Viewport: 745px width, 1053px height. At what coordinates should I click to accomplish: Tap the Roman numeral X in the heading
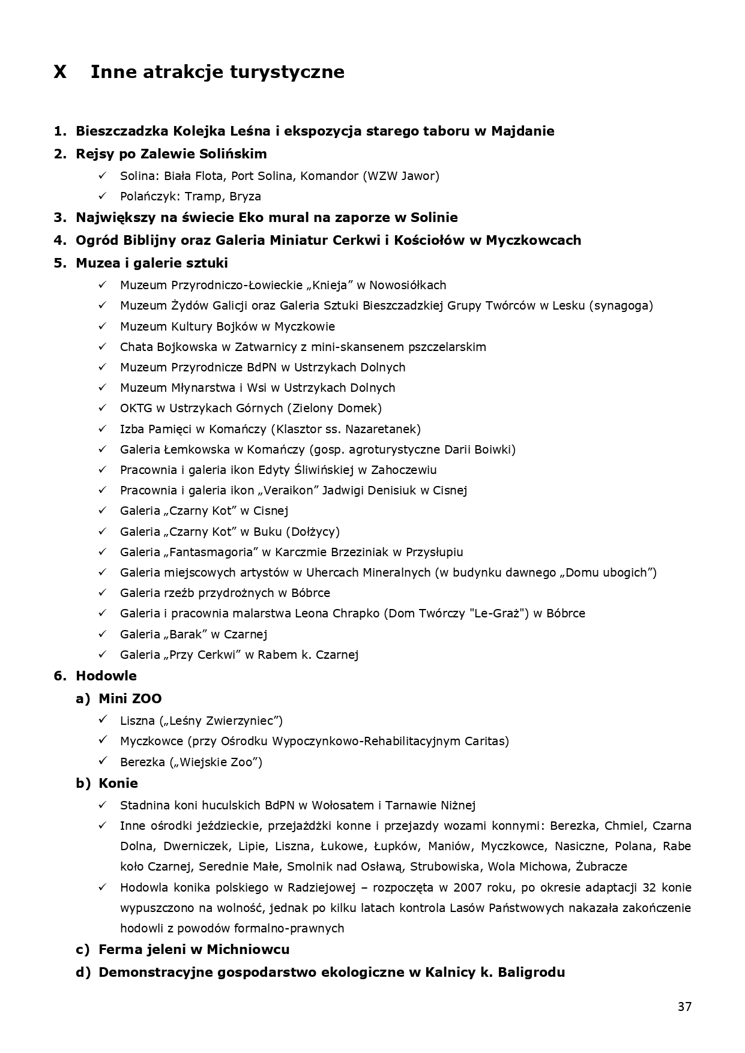pyautogui.click(x=60, y=72)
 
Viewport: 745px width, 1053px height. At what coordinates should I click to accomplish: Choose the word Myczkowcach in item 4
pyautogui.click(x=533, y=240)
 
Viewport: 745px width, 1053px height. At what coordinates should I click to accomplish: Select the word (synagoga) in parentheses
pyautogui.click(x=621, y=305)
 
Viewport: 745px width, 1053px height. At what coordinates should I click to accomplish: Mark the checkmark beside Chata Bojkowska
pyautogui.click(x=103, y=346)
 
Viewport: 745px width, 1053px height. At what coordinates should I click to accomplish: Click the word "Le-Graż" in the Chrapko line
pyautogui.click(x=501, y=613)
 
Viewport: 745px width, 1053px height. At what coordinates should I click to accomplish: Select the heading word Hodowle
pyautogui.click(x=106, y=676)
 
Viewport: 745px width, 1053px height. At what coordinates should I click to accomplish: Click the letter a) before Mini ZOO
pyautogui.click(x=83, y=698)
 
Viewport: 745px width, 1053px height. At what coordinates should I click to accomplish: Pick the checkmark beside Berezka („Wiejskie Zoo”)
pyautogui.click(x=103, y=761)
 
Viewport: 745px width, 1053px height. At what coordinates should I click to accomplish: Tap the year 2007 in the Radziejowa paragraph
pyautogui.click(x=468, y=887)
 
